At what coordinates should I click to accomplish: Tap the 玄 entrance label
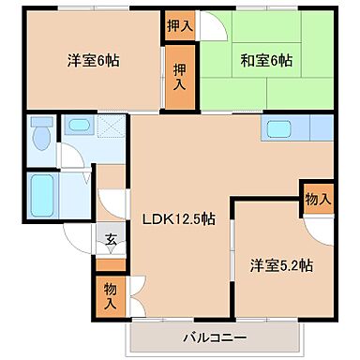[x=111, y=239]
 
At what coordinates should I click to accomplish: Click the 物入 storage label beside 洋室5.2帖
[x=318, y=198]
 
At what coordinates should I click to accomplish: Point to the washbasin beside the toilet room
[x=76, y=125]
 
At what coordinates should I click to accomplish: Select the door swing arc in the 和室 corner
[x=215, y=28]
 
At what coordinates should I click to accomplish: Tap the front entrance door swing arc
[x=78, y=242]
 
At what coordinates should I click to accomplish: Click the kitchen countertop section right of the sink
[x=320, y=128]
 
